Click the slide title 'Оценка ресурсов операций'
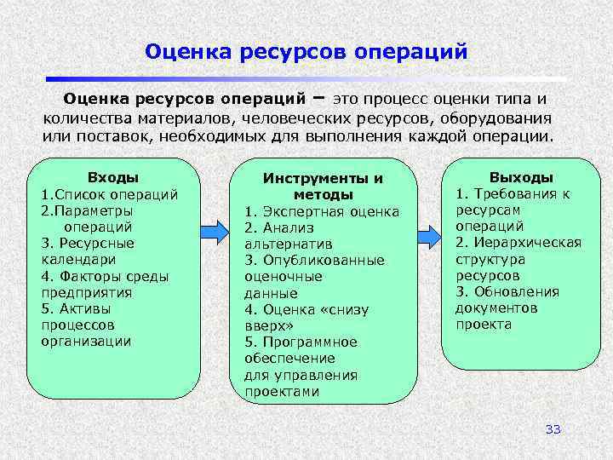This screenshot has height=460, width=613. pyautogui.click(x=306, y=52)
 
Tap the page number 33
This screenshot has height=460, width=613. pyautogui.click(x=553, y=428)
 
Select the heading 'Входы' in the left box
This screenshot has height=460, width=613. pyautogui.click(x=113, y=177)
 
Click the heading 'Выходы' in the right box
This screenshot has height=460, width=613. pyautogui.click(x=521, y=177)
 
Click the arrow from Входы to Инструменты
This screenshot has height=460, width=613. pyautogui.click(x=214, y=230)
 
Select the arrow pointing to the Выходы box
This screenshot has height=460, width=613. pyautogui.click(x=429, y=230)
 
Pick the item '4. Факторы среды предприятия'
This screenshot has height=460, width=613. pyautogui.click(x=104, y=284)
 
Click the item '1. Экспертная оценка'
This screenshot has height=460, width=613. pyautogui.click(x=322, y=211)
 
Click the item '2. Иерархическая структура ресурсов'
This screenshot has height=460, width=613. pyautogui.click(x=518, y=259)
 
